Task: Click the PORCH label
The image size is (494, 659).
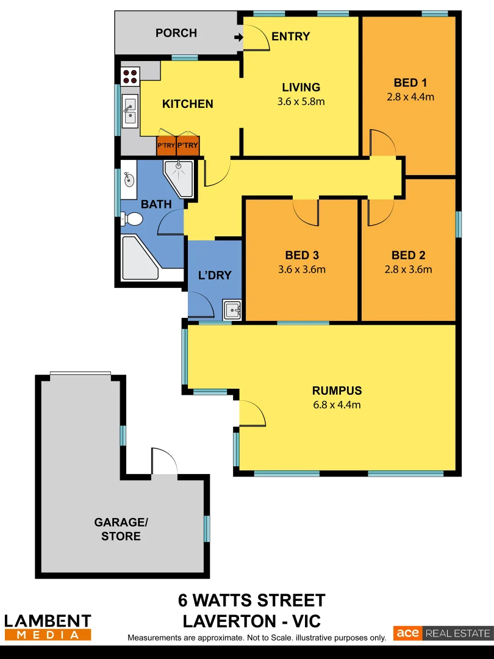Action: click(x=176, y=33)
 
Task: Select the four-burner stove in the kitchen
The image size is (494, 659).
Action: click(x=131, y=76)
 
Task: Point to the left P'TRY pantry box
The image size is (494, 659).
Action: click(x=166, y=145)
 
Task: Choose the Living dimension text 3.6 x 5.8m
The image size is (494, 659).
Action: click(x=301, y=101)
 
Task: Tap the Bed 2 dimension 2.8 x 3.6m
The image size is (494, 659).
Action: click(x=409, y=269)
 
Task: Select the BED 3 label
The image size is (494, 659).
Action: click(x=302, y=256)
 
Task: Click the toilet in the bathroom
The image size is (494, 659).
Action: click(x=131, y=218)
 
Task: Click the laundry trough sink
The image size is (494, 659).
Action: click(x=232, y=310)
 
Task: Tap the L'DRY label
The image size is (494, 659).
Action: click(x=215, y=275)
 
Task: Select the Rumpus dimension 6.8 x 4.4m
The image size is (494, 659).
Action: click(x=337, y=405)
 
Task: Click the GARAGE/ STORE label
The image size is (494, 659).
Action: click(x=121, y=529)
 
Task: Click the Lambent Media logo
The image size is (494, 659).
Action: click(x=48, y=627)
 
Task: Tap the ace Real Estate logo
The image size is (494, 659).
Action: click(x=442, y=633)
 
